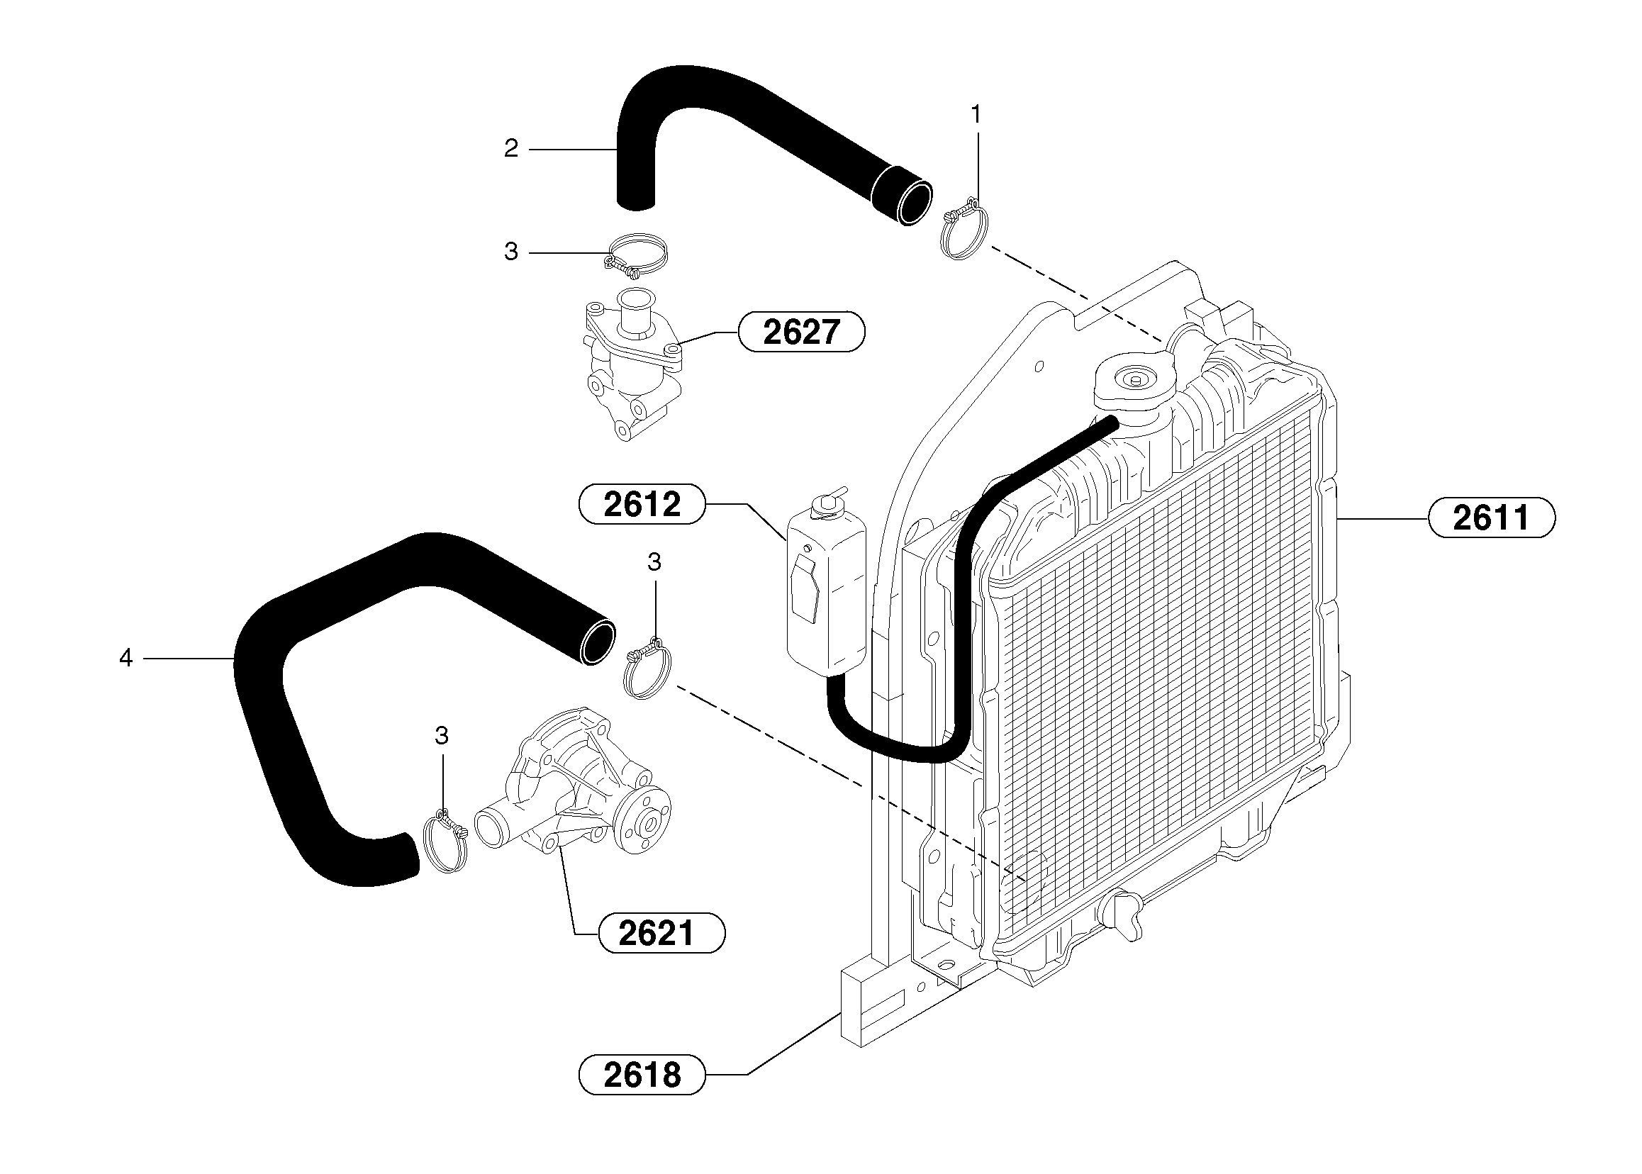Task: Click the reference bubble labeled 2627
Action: [x=800, y=332]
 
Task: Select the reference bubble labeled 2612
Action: [x=642, y=504]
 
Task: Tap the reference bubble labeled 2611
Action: [x=1491, y=518]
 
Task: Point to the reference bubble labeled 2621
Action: [x=661, y=933]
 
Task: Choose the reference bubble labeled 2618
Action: [x=642, y=1075]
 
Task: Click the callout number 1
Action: [x=976, y=114]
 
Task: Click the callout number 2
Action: [x=510, y=149]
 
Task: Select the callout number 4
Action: [x=125, y=658]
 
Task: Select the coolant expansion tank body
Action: [x=826, y=600]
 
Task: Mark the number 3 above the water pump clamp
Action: [x=441, y=737]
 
